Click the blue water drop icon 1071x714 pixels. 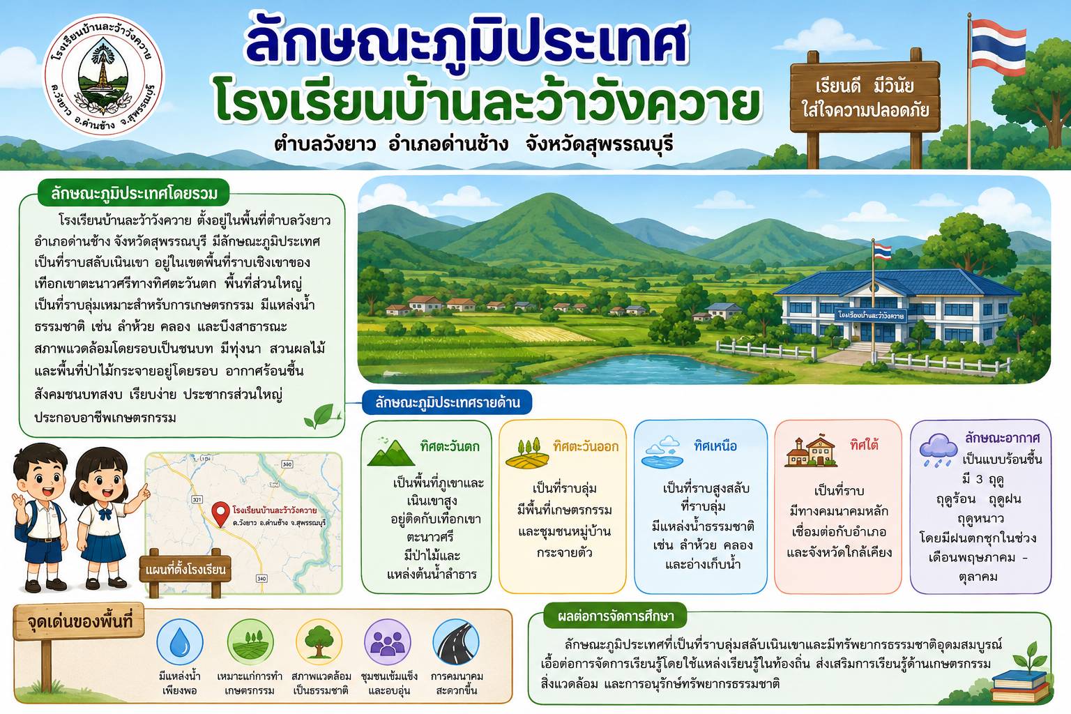coord(180,642)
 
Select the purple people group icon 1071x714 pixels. coord(387,642)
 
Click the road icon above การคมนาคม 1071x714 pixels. coord(456,642)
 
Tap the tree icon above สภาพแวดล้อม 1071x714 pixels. coord(319,642)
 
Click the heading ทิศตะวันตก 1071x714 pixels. coord(450,446)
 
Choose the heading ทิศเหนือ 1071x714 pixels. coord(715,446)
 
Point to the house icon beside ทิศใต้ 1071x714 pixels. coord(811,451)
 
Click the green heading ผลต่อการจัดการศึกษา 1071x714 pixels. coord(616,616)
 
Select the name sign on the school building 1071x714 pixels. coord(871,316)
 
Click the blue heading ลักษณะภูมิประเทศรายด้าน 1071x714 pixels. coord(447,403)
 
